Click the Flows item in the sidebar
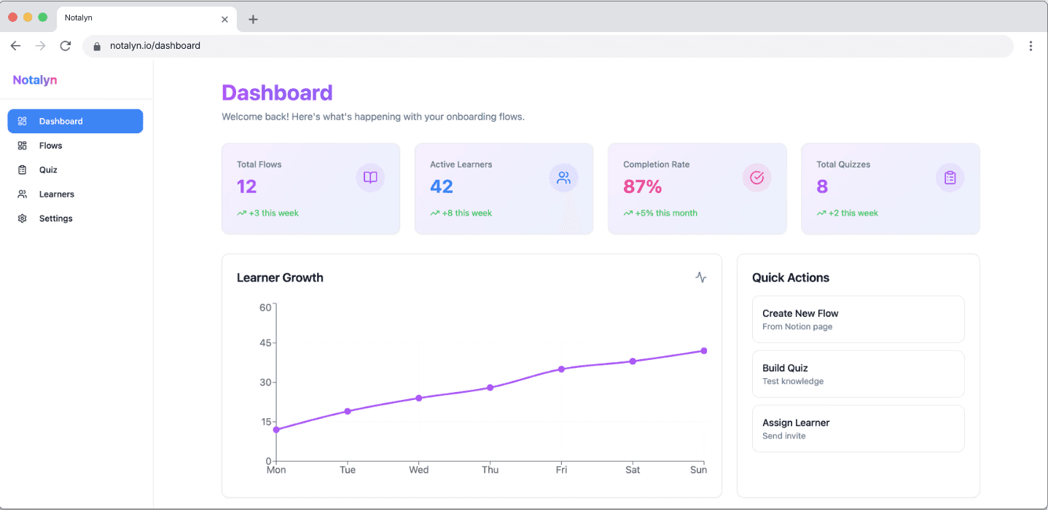(50, 146)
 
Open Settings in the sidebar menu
(55, 219)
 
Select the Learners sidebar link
(56, 195)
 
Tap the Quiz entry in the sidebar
(48, 170)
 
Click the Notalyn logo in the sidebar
(35, 80)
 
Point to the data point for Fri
(561, 369)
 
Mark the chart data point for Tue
(348, 412)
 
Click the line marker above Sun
(704, 351)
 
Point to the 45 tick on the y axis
(265, 343)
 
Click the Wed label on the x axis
(418, 470)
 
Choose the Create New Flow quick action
(858, 319)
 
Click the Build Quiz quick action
(858, 374)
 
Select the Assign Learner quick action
(858, 428)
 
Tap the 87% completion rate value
(642, 187)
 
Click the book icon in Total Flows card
(370, 178)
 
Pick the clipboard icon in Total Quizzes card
(950, 178)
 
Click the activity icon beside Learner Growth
(701, 278)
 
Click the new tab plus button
(253, 20)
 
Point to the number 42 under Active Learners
(442, 187)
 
